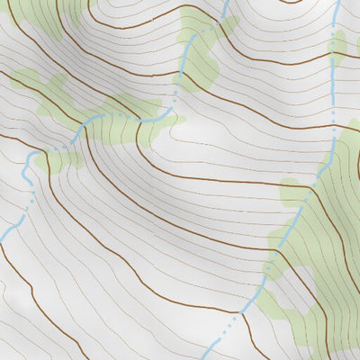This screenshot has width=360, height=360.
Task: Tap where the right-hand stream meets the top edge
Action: tap(336, 2)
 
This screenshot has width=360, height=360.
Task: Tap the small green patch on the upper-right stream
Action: tap(337, 45)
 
